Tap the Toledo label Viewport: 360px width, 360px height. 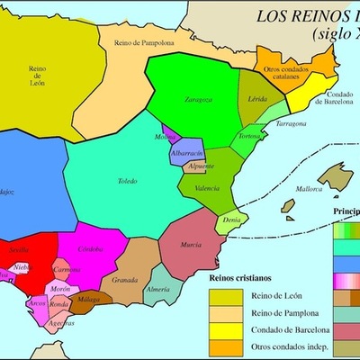pyautogui.click(x=129, y=182)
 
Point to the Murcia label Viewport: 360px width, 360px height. pyautogui.click(x=190, y=244)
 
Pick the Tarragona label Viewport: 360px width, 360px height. pyautogui.click(x=292, y=122)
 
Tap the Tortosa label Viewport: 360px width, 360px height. pyautogui.click(x=248, y=136)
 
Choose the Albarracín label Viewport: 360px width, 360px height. pyautogui.click(x=187, y=154)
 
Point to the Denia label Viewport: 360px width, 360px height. pyautogui.click(x=232, y=220)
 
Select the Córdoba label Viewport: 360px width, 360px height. pyautogui.click(x=91, y=248)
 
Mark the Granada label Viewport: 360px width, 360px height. pyautogui.click(x=124, y=280)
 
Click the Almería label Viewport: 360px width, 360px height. pyautogui.click(x=157, y=290)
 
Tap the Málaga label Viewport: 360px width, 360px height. pyautogui.click(x=89, y=299)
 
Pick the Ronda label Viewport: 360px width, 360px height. pyautogui.click(x=58, y=304)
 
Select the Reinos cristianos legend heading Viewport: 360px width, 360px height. pyautogui.click(x=242, y=279)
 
